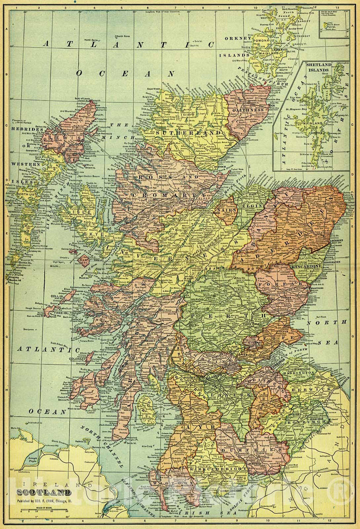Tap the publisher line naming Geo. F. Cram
pos(45,499)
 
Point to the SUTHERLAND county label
pos(188,132)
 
